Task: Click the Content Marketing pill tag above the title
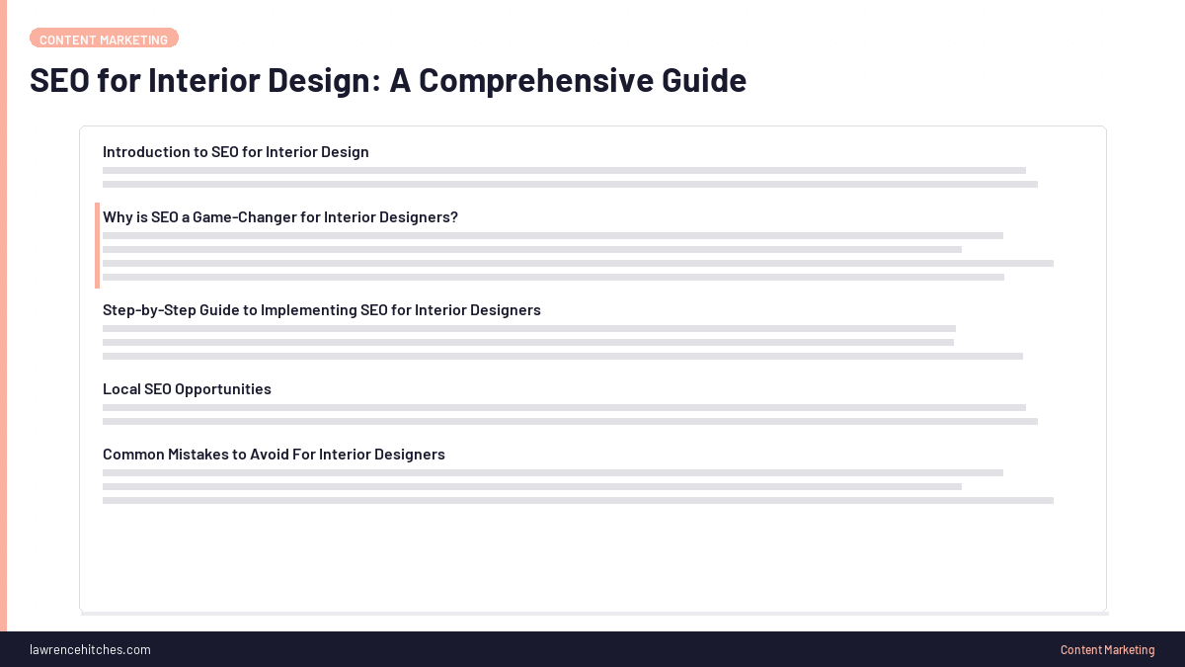point(104,39)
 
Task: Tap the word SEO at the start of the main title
point(59,80)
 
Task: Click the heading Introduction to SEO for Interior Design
point(236,152)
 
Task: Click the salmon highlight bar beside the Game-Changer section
point(97,245)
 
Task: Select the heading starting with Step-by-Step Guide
point(322,310)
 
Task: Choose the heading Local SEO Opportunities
point(187,389)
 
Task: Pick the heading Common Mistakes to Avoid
point(274,455)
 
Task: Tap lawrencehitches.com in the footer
point(90,649)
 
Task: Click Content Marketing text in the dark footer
point(1107,649)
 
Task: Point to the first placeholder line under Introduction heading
point(564,171)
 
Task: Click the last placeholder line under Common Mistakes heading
point(578,501)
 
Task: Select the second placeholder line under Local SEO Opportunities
point(570,422)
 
